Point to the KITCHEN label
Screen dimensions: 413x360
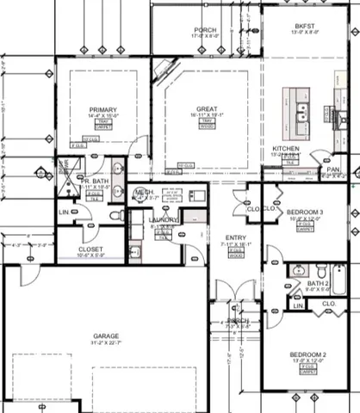coord(287,149)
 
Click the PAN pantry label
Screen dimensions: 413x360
coord(332,170)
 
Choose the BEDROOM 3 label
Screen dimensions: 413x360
coord(304,211)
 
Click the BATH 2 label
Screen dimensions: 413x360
coord(319,283)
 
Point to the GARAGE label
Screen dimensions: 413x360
coord(107,336)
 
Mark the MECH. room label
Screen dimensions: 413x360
coord(144,191)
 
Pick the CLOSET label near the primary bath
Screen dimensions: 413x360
coord(90,250)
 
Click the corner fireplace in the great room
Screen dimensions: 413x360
coord(166,69)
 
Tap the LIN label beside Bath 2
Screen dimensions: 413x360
coord(298,305)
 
